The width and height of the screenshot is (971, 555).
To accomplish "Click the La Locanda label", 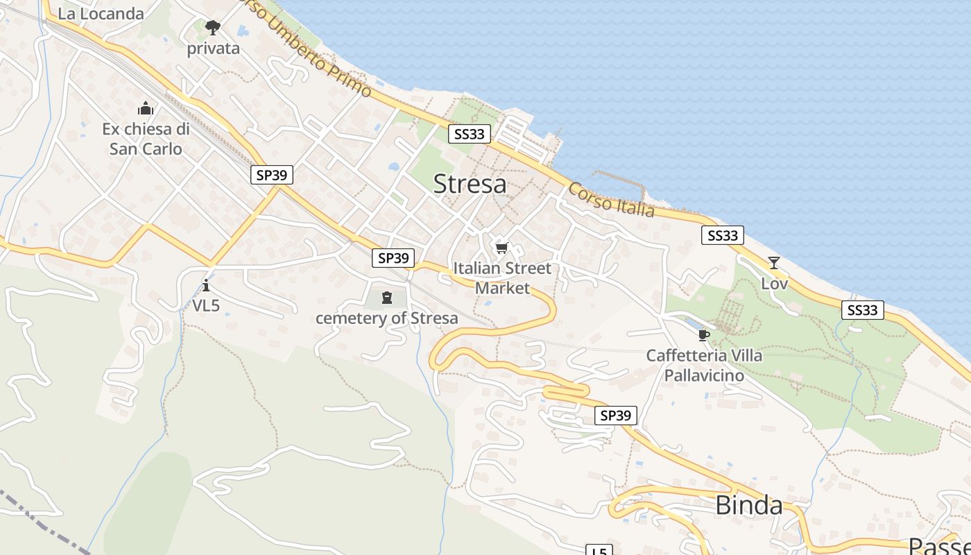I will coord(101,13).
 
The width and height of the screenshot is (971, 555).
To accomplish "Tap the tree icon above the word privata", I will coord(213,28).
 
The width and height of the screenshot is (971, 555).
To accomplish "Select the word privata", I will coord(213,49).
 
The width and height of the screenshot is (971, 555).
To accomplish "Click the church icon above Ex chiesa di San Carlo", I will coord(146,108).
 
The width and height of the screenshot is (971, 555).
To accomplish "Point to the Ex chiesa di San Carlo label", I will coord(146,139).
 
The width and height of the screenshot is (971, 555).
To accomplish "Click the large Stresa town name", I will coord(470,184).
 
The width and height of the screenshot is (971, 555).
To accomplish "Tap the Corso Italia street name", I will coord(611,200).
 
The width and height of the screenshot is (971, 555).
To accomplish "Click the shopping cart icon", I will coord(501,248).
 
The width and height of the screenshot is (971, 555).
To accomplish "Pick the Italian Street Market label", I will coord(502,277).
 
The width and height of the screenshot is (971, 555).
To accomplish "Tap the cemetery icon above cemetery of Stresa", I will coord(387,298).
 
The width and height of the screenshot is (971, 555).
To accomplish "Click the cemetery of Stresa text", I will coord(387,318).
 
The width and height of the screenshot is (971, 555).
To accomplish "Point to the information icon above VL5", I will coord(205,285).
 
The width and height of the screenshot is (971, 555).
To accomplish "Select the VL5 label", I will coord(205,305).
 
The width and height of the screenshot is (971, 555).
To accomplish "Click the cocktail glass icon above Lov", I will coord(774,263).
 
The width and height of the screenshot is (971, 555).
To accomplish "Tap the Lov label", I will coord(774,283).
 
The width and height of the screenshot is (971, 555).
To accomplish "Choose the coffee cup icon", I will coord(704,336).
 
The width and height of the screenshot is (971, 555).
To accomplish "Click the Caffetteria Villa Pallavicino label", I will coord(704,366).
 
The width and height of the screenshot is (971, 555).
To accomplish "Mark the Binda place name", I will coord(748,505).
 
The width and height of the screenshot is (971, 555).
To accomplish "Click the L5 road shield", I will coord(599,551).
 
